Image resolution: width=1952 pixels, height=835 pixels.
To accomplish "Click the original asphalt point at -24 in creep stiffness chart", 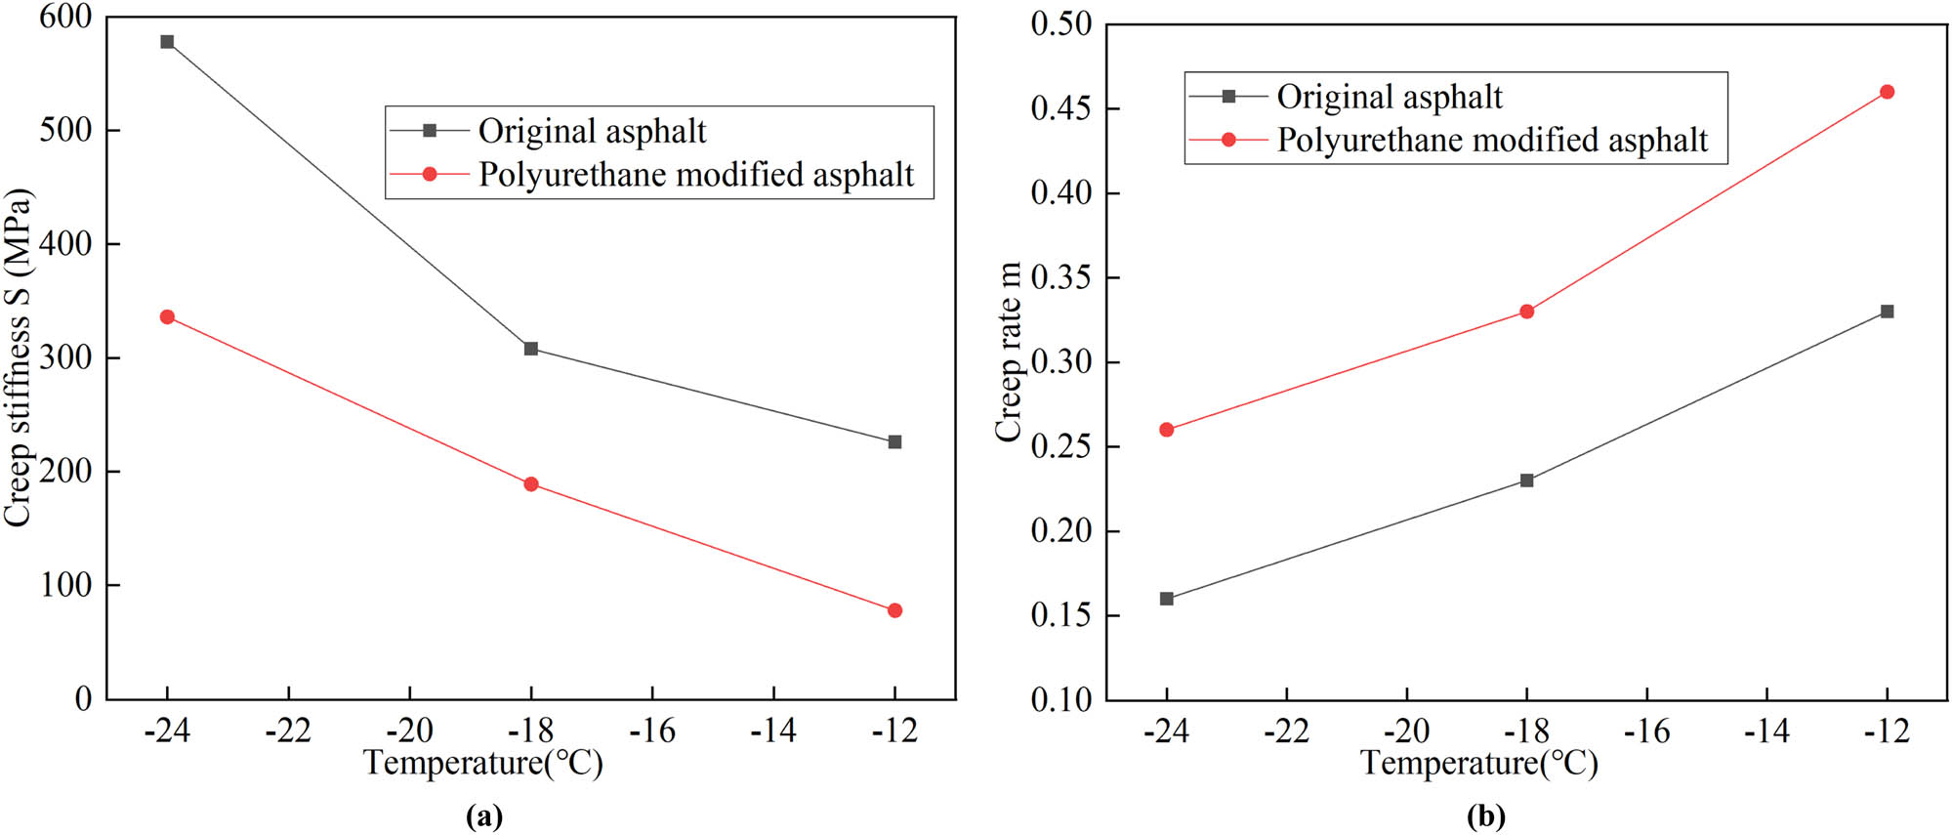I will (x=167, y=42).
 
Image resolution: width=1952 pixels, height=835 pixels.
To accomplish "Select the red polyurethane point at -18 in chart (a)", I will (x=531, y=484).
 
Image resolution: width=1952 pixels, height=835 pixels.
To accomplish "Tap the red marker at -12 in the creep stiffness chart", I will (x=895, y=610).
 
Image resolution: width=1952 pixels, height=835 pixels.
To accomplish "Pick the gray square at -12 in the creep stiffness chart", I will (x=895, y=442).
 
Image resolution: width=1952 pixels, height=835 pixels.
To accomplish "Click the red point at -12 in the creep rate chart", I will (x=1887, y=92).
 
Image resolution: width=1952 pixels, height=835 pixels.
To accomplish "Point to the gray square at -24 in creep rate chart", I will (x=1167, y=599).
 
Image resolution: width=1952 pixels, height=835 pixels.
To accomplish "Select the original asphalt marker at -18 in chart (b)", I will (x=1527, y=480).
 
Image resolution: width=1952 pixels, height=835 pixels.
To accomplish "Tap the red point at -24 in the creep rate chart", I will (x=1167, y=430).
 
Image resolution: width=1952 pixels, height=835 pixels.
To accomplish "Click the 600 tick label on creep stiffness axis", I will (x=65, y=17).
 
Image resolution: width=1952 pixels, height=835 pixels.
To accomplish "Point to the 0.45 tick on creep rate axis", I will (x=1061, y=108).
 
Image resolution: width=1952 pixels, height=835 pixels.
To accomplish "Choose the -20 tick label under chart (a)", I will (x=409, y=731).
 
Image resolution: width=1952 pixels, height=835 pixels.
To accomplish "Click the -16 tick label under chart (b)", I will (x=1646, y=731).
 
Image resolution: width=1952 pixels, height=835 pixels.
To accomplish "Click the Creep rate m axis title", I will (x=1009, y=352).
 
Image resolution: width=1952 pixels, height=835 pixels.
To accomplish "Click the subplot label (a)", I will (x=485, y=815).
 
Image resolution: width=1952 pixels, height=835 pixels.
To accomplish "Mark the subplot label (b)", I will (x=1485, y=815).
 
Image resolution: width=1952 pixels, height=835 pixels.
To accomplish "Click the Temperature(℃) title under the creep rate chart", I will (x=1478, y=763).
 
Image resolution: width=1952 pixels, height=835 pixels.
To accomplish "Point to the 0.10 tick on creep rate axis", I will (x=1061, y=699).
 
